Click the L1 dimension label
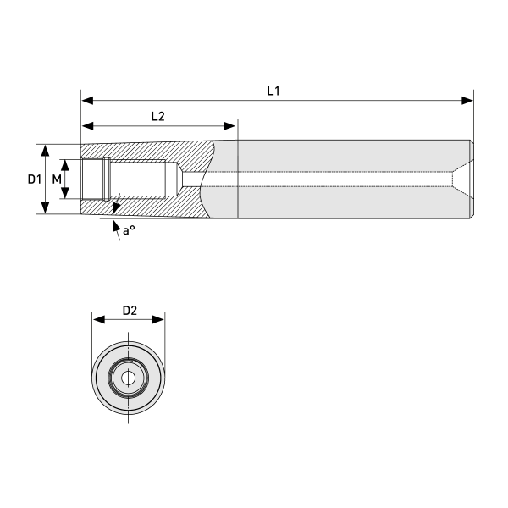tap(273, 90)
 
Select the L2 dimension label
tap(157, 116)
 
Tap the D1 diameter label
tap(32, 179)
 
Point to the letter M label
tap(57, 179)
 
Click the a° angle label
tap(128, 230)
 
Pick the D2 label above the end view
tap(129, 310)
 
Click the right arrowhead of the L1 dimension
tap(468, 100)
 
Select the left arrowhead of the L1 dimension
tap(86, 100)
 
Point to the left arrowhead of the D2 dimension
tap(97, 320)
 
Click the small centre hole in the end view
tap(128, 377)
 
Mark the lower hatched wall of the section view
tap(152, 207)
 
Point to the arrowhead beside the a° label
tap(115, 225)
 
